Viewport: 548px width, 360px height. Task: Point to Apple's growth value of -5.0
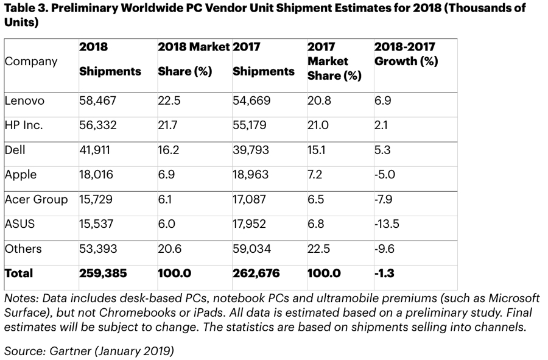pyautogui.click(x=385, y=175)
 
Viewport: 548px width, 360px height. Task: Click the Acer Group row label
pyautogui.click(x=36, y=199)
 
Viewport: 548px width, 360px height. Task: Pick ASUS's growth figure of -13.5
pyautogui.click(x=387, y=224)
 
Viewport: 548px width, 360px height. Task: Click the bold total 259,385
pyautogui.click(x=103, y=274)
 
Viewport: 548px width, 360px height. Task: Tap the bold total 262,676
pyautogui.click(x=256, y=274)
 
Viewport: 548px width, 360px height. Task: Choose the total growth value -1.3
pyautogui.click(x=385, y=274)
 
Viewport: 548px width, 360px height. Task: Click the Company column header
pyautogui.click(x=31, y=62)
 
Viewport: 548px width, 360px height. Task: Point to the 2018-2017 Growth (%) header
pyautogui.click(x=406, y=54)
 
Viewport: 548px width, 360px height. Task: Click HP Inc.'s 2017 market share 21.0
pyautogui.click(x=319, y=125)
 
